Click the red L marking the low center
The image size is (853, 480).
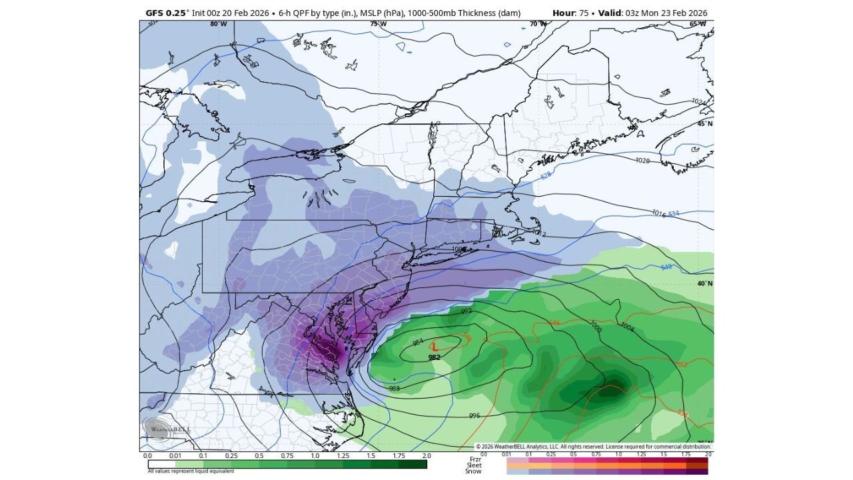[x=434, y=346]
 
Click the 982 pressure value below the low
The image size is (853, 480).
[x=434, y=357]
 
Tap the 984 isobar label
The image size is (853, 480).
[x=418, y=342]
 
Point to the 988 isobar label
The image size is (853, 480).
[x=394, y=388]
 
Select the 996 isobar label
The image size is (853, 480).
[x=474, y=415]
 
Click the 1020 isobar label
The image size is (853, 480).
[x=642, y=161]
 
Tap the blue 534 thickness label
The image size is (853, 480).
[x=673, y=213]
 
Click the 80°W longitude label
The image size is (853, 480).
[x=218, y=24]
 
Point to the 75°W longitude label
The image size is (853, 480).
[x=378, y=24]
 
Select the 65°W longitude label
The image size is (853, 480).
[x=698, y=24]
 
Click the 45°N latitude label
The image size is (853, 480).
[x=704, y=124]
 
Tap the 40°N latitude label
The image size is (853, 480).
[x=704, y=283]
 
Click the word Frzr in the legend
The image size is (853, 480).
[x=475, y=459]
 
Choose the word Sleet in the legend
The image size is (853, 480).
[x=474, y=465]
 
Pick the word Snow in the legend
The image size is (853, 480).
[x=474, y=471]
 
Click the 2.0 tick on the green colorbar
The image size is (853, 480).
[x=426, y=456]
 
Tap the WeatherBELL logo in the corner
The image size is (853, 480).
[x=167, y=429]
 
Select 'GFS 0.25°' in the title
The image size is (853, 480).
[x=167, y=13]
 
